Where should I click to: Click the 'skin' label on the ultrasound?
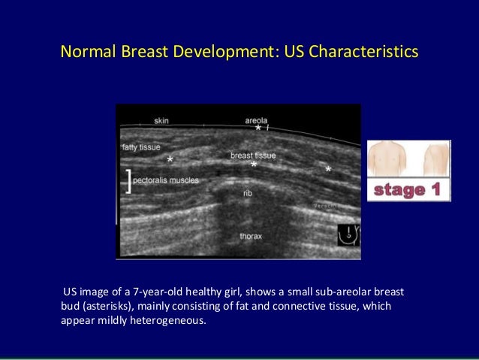[161, 120]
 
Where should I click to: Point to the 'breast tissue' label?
[253, 156]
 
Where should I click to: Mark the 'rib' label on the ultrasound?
[247, 193]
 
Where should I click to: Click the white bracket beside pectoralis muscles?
[130, 180]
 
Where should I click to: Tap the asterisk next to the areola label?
[258, 129]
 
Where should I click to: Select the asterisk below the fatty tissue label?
[170, 161]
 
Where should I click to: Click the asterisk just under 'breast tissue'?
[254, 165]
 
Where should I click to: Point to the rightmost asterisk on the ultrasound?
[328, 171]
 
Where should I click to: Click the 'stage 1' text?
[408, 191]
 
